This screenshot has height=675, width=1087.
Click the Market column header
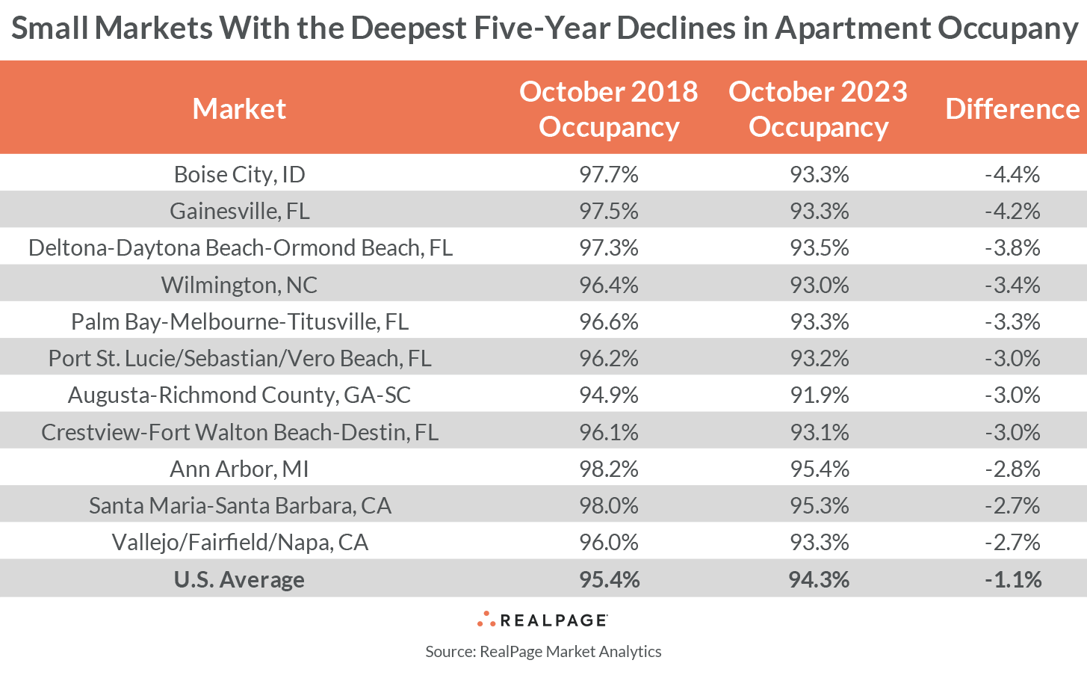click(x=239, y=109)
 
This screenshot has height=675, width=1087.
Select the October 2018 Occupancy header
click(x=608, y=109)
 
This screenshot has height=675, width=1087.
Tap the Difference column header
click(x=1012, y=109)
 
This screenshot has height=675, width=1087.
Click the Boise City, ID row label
click(x=239, y=174)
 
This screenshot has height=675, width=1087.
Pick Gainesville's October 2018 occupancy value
click(x=608, y=211)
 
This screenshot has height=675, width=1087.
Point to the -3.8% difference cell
click(x=1012, y=247)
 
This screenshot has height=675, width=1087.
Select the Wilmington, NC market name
click(x=239, y=285)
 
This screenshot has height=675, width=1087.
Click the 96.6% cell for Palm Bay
click(x=608, y=321)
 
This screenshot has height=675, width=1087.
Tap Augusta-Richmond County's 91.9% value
click(x=819, y=395)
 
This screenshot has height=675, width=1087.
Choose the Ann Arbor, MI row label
click(x=239, y=469)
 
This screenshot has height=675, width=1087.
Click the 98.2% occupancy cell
click(x=608, y=469)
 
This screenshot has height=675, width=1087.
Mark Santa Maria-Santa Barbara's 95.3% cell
click(x=819, y=505)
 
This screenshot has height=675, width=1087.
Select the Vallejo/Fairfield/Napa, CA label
click(x=239, y=542)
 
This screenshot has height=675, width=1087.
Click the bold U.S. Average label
click(x=239, y=579)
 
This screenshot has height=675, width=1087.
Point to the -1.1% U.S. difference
click(x=1012, y=579)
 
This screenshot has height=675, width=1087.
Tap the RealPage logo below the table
click(x=543, y=620)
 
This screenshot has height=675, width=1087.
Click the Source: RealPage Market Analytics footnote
click(x=543, y=651)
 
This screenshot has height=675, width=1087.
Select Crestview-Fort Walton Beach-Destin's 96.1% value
click(x=608, y=432)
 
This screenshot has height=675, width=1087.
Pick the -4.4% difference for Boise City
click(x=1012, y=174)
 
